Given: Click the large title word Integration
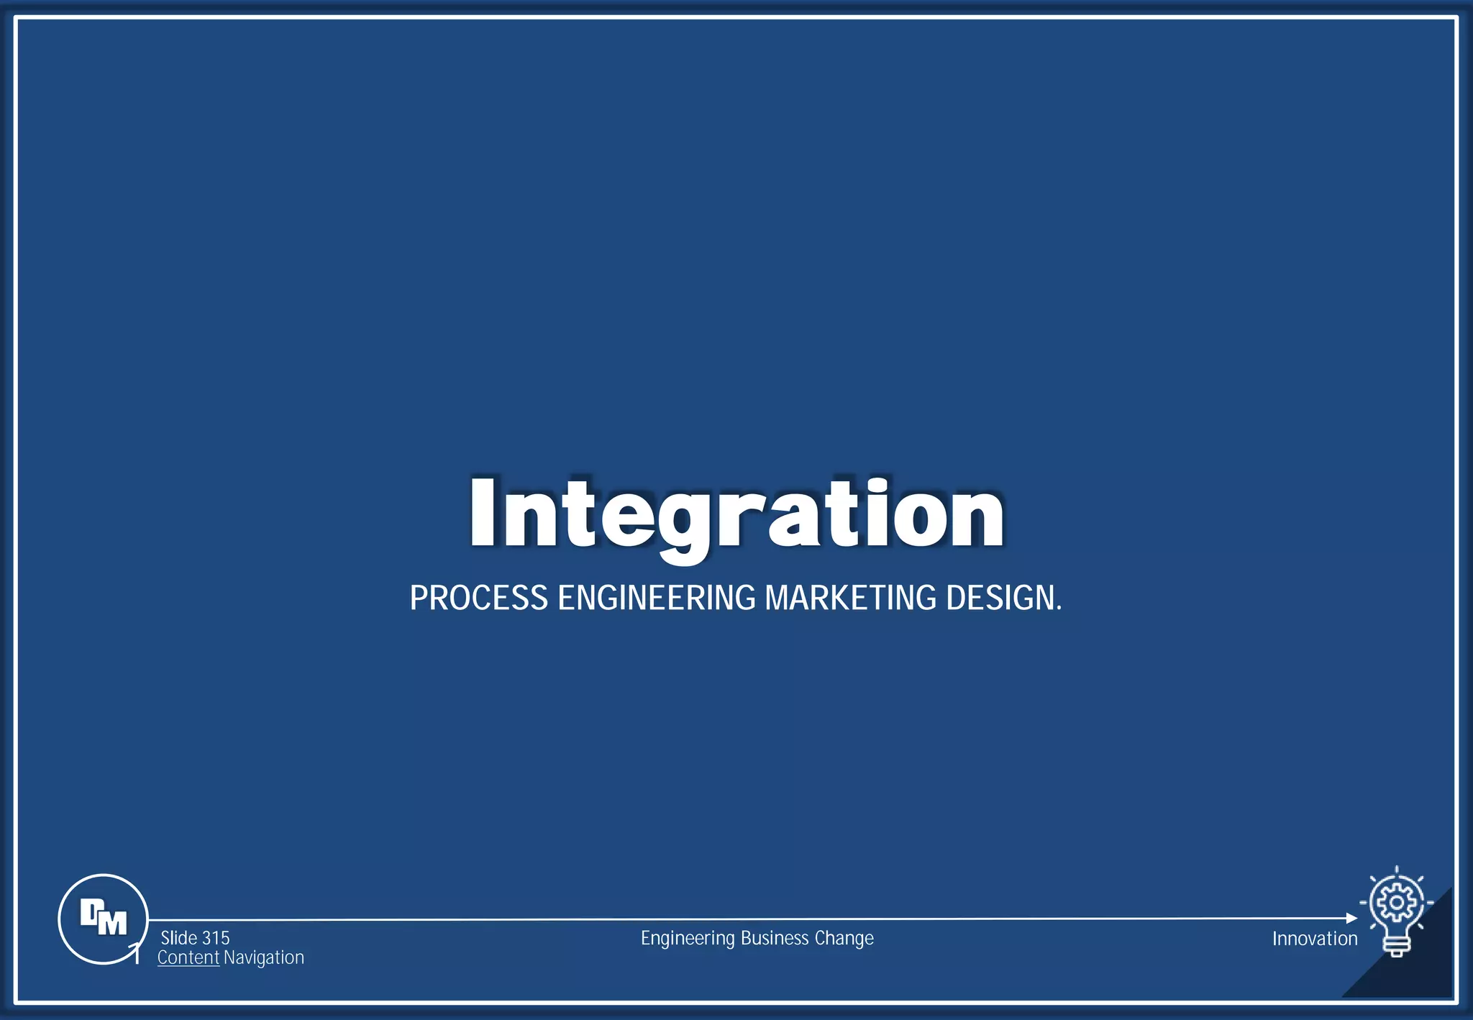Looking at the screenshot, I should (x=736, y=514).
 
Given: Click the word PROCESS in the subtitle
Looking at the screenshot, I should (x=479, y=598).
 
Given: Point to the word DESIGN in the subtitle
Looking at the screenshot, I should (x=1000, y=598).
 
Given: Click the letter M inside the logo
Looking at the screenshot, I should (x=112, y=923).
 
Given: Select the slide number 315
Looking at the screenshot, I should (x=215, y=938).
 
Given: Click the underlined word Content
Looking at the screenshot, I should (x=188, y=958).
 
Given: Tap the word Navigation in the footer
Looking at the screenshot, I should (x=264, y=958).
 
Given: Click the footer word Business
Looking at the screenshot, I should (x=775, y=938).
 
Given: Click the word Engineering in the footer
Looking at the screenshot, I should (x=688, y=938).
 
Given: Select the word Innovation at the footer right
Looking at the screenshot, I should (x=1315, y=939).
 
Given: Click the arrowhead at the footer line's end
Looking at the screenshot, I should (x=1351, y=919).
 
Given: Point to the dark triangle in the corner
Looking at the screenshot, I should (x=1420, y=967).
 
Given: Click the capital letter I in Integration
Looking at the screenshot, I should (x=482, y=513).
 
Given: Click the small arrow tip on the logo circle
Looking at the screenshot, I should (x=135, y=948).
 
